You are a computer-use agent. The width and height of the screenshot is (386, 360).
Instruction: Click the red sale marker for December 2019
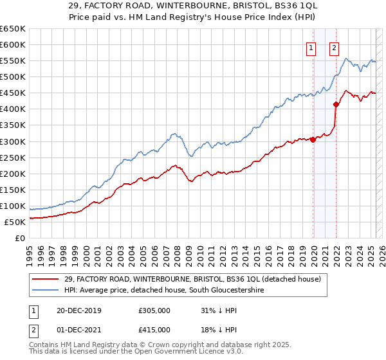coord(313,139)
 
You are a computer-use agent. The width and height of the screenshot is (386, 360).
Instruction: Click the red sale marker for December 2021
coord(336,104)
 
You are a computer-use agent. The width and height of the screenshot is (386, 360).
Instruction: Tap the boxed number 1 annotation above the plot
coord(311,47)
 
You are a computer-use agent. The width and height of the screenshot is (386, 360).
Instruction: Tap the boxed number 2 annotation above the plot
coord(335,47)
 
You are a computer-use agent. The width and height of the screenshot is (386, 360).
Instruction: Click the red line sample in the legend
coord(46,278)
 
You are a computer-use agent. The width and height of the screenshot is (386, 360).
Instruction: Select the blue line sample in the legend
coord(46,290)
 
